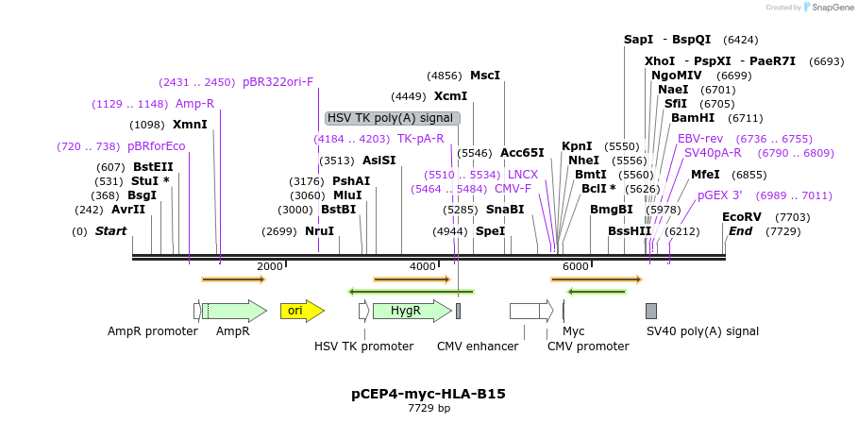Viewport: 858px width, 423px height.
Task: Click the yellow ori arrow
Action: pos(302,311)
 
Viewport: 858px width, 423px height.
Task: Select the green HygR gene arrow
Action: pos(412,311)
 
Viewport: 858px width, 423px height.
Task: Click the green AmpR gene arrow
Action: pos(234,311)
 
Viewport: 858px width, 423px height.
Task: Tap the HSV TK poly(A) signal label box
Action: pos(393,118)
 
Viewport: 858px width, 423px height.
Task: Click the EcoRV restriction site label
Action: pos(742,217)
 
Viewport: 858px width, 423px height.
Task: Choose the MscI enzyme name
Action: pos(485,76)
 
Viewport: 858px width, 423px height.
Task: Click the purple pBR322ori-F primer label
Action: pos(278,83)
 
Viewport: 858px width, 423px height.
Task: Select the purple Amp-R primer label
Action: pos(194,104)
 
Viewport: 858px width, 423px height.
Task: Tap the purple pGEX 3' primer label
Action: pos(720,195)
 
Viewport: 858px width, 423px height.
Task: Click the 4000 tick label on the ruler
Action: pos(423,266)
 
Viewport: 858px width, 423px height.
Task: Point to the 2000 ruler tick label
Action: pos(270,266)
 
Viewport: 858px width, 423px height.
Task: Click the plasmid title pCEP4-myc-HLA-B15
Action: pos(429,394)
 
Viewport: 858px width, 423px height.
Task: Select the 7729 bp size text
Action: pos(429,408)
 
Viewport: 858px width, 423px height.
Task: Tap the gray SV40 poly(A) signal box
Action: pos(651,311)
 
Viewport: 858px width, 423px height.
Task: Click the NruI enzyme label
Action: pos(320,231)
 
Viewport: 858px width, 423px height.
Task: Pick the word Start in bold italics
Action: pos(111,231)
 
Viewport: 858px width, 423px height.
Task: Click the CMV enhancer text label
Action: pos(478,347)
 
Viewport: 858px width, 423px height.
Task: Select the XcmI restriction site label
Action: pos(451,97)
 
